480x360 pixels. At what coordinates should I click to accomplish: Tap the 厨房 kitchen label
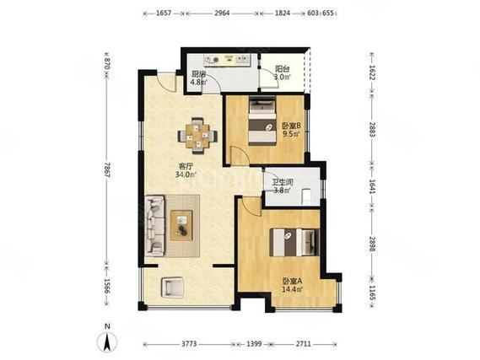click(x=198, y=74)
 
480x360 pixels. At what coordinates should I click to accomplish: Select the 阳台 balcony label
click(x=282, y=69)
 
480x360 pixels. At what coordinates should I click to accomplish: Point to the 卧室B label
click(x=291, y=126)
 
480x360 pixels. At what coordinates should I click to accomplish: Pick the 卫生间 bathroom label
click(x=283, y=183)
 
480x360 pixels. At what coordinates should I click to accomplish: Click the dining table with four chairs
click(x=197, y=136)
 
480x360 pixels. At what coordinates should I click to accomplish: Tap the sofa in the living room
click(x=155, y=226)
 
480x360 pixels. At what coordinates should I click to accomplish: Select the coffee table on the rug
click(x=181, y=225)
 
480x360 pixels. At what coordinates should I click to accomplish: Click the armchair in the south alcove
click(x=172, y=287)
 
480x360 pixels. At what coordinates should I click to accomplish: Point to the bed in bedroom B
click(x=262, y=121)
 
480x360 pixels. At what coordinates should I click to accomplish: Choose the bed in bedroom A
click(x=294, y=242)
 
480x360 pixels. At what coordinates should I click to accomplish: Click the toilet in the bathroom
click(x=307, y=196)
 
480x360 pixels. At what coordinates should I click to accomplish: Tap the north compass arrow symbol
click(x=107, y=341)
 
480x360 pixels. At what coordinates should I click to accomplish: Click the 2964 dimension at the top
click(x=222, y=13)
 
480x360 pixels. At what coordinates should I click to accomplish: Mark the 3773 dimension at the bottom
click(x=189, y=344)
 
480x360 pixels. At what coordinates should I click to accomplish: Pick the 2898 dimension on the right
click(x=372, y=244)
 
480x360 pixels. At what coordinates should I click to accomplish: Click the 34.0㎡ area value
click(x=186, y=175)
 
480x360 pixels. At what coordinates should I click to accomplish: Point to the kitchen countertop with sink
click(x=228, y=60)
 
